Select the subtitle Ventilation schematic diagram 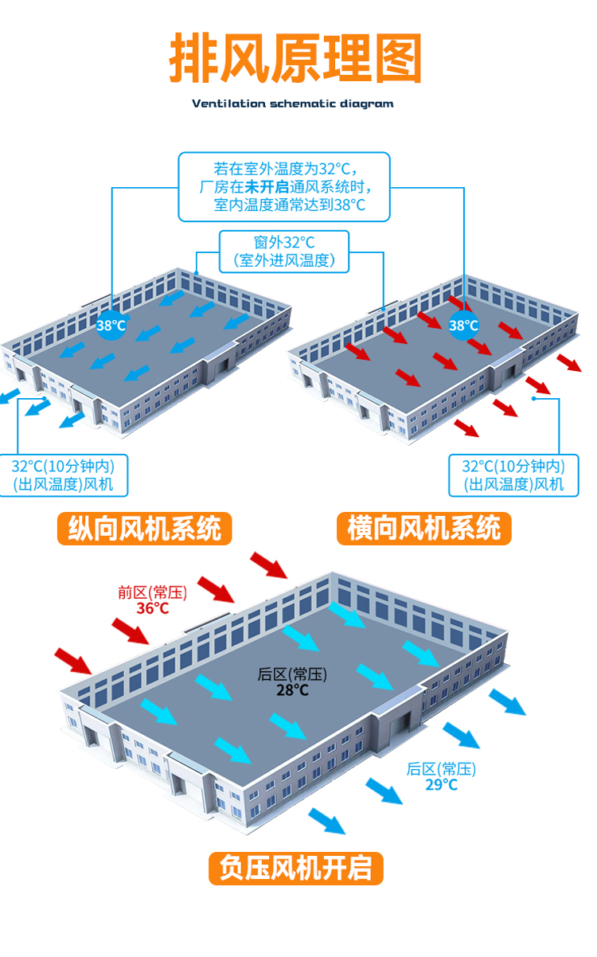tap(293, 104)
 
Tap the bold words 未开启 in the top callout tap(267, 187)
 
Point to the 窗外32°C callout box tap(284, 250)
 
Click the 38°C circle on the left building tap(111, 325)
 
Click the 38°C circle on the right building tap(463, 325)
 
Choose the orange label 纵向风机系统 tap(144, 529)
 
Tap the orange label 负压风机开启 tap(296, 868)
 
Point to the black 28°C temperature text tap(292, 690)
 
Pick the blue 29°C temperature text tap(441, 784)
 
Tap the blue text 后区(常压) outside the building tap(441, 769)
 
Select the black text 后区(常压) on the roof tap(292, 674)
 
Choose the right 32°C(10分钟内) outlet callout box tap(513, 475)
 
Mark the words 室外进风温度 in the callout tap(284, 260)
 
